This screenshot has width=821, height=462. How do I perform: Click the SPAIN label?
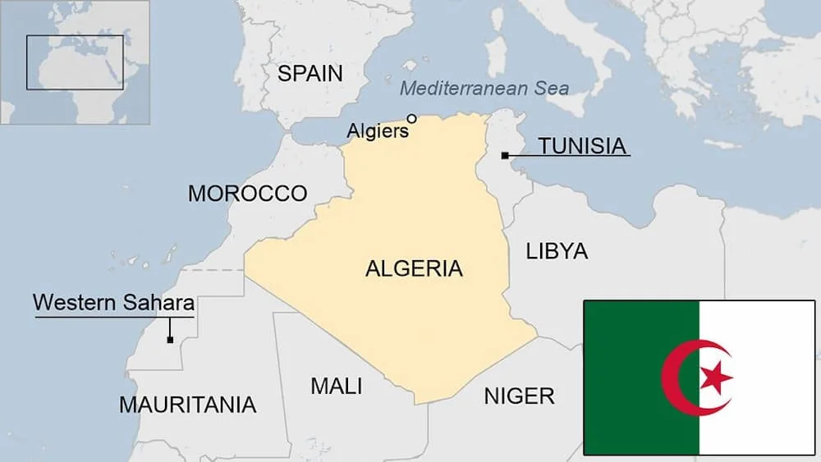(310, 73)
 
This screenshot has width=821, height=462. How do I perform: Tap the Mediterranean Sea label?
(484, 88)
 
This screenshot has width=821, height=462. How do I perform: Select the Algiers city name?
(377, 130)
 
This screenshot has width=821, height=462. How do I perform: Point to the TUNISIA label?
(582, 146)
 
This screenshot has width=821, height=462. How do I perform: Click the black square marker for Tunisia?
(504, 155)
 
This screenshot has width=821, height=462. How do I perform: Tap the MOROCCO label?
(247, 194)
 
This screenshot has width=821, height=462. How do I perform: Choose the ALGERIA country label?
(414, 268)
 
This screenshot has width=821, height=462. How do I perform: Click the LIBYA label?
(557, 251)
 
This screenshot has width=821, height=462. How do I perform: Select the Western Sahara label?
(113, 302)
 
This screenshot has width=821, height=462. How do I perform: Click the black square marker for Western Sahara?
(170, 340)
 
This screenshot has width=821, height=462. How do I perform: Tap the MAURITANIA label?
(187, 405)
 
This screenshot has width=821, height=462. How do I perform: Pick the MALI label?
(336, 386)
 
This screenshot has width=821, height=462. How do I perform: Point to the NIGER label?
(519, 396)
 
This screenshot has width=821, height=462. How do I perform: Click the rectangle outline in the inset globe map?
(75, 36)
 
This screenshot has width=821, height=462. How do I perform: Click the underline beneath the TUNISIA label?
(584, 158)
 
